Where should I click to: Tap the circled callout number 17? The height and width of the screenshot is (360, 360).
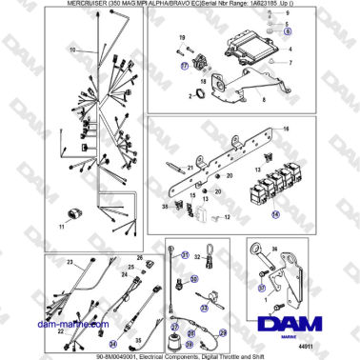click(187, 69)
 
